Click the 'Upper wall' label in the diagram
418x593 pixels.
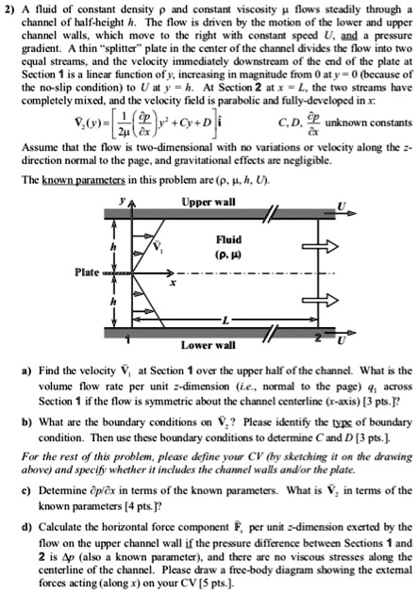click(209, 202)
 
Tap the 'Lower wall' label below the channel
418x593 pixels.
click(208, 345)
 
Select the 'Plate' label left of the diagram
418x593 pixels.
click(87, 272)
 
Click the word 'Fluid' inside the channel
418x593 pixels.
click(228, 239)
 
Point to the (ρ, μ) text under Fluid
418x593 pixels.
click(228, 255)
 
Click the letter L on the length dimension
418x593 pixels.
click(226, 321)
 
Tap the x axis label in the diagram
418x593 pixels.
click(173, 283)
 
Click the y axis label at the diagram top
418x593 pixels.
click(122, 202)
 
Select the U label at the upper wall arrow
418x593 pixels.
click(342, 206)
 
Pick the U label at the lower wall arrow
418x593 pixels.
click(342, 340)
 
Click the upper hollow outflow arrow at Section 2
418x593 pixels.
click(320, 247)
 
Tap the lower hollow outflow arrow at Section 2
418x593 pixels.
click(320, 301)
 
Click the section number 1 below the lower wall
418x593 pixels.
click(128, 340)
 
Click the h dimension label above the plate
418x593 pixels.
click(112, 247)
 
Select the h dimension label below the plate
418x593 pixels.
click(112, 303)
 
